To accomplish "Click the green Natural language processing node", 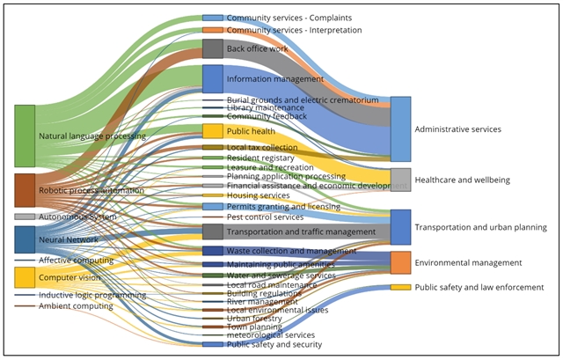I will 25,136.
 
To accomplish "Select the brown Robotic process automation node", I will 25,190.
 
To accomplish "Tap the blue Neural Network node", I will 25,239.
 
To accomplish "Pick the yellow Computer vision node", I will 25,276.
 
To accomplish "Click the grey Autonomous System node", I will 25,217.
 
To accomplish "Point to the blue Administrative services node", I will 400,129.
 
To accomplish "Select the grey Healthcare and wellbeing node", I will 400,180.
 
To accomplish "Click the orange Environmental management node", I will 400,262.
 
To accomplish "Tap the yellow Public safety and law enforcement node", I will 400,287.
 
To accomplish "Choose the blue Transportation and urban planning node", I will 400,227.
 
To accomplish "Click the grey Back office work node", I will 213,48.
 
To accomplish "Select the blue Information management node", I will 213,78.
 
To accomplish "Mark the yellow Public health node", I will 213,131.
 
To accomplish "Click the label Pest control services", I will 265,217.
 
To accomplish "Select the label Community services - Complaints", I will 282,18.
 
